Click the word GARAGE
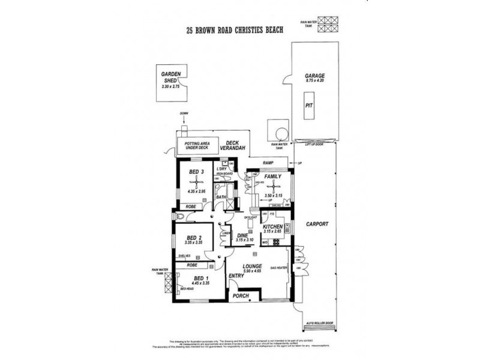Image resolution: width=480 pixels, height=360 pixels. (x=314, y=76)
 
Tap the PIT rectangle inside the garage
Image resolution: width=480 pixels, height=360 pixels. (x=309, y=105)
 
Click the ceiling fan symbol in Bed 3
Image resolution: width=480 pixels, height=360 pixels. (x=194, y=182)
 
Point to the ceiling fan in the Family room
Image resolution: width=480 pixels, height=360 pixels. (x=271, y=186)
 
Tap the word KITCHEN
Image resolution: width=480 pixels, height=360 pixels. (x=272, y=227)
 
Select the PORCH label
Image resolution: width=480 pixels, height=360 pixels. (x=240, y=296)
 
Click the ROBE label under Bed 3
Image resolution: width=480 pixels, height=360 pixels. (x=191, y=207)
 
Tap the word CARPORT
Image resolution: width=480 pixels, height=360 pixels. (x=317, y=224)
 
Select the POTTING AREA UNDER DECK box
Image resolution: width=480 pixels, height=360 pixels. (x=197, y=145)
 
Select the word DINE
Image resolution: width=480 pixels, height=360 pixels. (x=242, y=235)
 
